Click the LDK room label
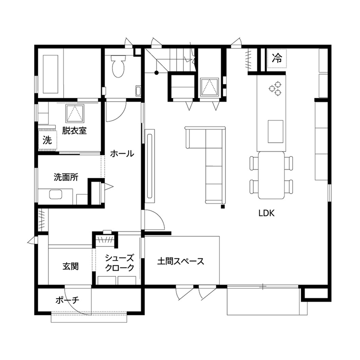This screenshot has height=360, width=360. [x=267, y=213]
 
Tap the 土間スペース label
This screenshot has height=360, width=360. [x=180, y=261]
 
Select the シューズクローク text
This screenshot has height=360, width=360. [x=120, y=262]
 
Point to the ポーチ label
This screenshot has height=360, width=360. [x=67, y=300]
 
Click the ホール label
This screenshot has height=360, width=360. [x=122, y=153]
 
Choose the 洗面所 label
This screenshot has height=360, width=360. [x=66, y=177]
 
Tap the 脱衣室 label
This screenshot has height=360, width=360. [x=74, y=131]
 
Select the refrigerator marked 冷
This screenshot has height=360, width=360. [x=277, y=59]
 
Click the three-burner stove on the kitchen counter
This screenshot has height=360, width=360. [x=275, y=88]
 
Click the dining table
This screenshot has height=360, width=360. [x=271, y=175]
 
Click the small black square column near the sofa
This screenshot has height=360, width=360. [x=223, y=207]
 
